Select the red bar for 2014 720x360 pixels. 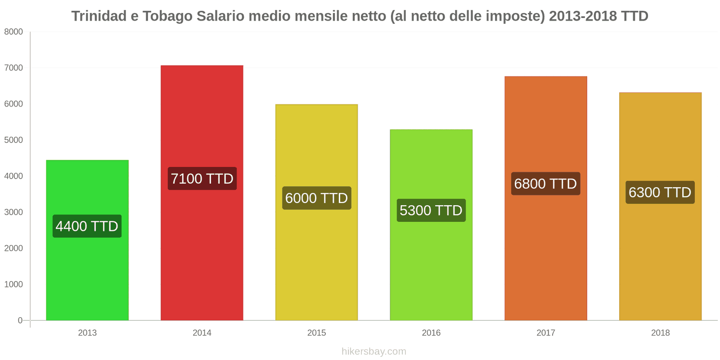coord(202,252)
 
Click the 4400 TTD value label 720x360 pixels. coord(87,226)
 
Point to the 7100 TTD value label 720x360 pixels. coord(202,179)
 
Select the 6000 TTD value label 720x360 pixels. coord(316,198)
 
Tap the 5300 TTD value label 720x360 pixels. coord(431,210)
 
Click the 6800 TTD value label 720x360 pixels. coord(545,184)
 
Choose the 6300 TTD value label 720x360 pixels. coord(660,192)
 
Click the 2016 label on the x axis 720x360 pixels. coord(431,333)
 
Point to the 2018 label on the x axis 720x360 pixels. coord(660,333)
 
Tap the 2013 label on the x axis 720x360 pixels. coord(87,333)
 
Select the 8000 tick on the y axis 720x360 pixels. coord(13,32)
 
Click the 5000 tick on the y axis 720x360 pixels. coord(13,140)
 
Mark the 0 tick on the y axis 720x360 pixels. coord(20,320)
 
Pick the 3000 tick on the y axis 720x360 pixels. coord(13,212)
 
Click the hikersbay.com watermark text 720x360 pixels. coord(373,351)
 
